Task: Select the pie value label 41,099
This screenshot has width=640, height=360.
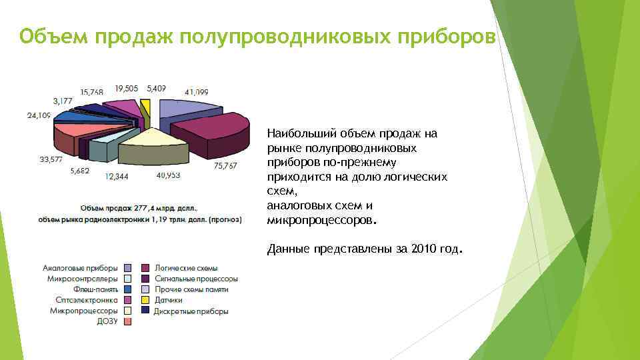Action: click(197, 91)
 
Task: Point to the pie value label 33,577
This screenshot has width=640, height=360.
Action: click(51, 159)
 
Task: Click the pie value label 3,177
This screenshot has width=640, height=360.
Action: click(63, 101)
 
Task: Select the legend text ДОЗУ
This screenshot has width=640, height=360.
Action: click(107, 321)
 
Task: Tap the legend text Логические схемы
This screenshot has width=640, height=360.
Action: click(186, 268)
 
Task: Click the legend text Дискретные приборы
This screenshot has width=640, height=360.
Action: click(191, 311)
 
